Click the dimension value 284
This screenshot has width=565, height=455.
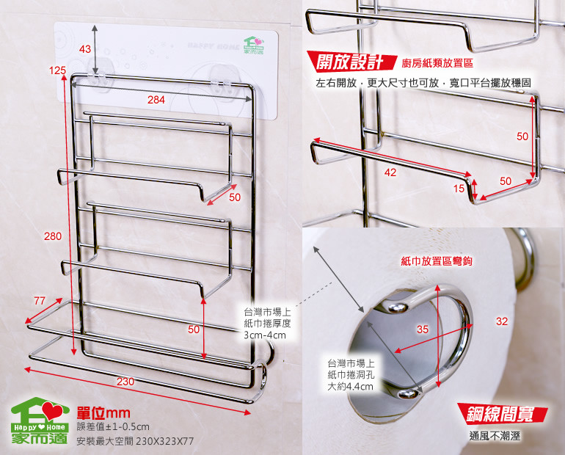[156, 100]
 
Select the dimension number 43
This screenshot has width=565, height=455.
[84, 49]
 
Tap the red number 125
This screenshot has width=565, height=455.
[58, 70]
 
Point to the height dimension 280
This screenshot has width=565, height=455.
[53, 236]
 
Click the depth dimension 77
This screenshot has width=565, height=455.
[40, 300]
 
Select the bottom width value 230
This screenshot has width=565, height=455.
[125, 382]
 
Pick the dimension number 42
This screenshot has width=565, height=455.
[390, 172]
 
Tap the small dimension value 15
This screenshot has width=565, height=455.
[459, 189]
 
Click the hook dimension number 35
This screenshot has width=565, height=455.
[423, 329]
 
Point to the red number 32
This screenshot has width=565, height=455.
[502, 321]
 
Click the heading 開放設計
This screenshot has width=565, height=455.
[350, 62]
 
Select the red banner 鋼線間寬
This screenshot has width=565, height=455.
[502, 414]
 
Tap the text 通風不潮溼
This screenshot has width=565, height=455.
[495, 436]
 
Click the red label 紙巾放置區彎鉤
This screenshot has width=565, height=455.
[437, 261]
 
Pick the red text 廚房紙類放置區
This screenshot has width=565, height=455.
[437, 63]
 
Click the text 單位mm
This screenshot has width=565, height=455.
[103, 413]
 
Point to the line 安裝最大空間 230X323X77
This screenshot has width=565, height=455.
[135, 440]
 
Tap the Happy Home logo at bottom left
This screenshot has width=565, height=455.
[40, 421]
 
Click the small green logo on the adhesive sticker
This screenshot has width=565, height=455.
[254, 45]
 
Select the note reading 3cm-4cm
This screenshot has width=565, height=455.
[264, 335]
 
